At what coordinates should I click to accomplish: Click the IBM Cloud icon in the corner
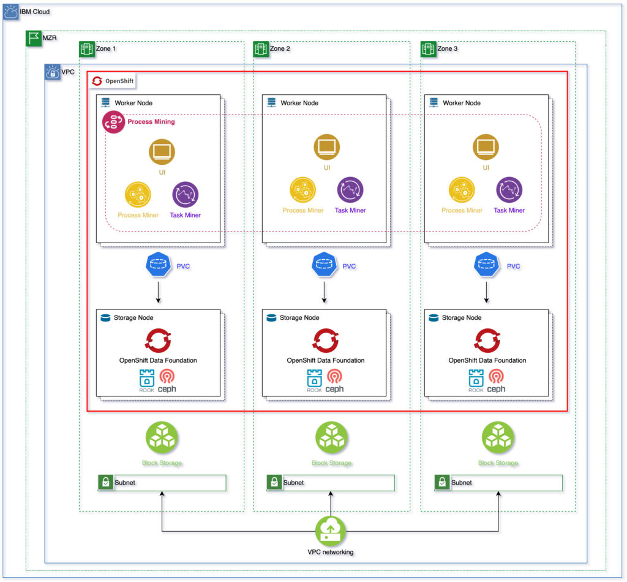coord(10,12)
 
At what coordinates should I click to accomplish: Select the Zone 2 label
coord(280,48)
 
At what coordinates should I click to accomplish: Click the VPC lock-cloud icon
coord(53,72)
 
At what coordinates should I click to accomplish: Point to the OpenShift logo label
coord(111,81)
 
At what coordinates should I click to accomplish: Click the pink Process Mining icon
coord(113,122)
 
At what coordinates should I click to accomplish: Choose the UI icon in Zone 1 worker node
coord(162,151)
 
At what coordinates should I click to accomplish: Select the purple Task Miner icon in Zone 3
coord(509,190)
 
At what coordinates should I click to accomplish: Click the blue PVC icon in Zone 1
coord(159,266)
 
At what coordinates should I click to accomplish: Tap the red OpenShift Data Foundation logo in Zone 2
coord(326,341)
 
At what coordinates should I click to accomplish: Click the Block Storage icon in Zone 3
coord(497,437)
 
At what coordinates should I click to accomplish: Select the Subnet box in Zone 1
coord(162,483)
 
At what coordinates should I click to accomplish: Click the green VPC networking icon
coord(330,531)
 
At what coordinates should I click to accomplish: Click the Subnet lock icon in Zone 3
coord(441,483)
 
